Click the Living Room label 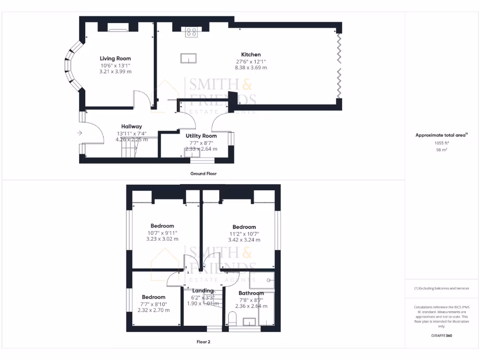(115, 59)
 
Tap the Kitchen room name (251, 54)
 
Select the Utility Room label (201, 136)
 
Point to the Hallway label (131, 127)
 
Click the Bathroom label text (251, 293)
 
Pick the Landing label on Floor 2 (202, 291)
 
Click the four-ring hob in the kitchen (191, 32)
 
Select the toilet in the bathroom (232, 319)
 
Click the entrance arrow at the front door (79, 133)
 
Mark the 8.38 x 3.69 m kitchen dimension (251, 67)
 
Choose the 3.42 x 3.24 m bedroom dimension (244, 240)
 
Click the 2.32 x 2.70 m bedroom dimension (153, 310)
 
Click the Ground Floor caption (203, 173)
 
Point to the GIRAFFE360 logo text (442, 336)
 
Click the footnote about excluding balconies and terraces (441, 288)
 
